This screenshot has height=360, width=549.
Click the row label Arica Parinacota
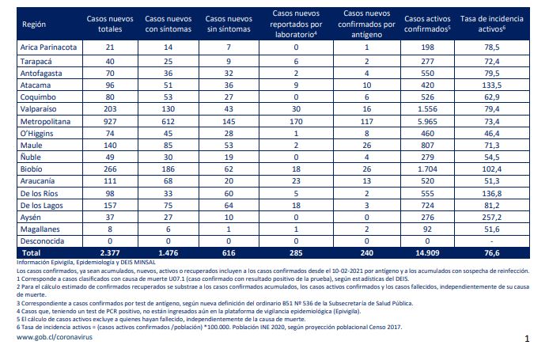48,47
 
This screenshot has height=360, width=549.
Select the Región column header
34,25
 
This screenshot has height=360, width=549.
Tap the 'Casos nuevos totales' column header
110,24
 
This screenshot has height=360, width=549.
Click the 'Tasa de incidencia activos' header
491,24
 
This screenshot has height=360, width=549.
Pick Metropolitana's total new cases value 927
110,122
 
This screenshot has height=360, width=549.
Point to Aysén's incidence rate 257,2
491,218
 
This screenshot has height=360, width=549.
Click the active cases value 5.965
427,122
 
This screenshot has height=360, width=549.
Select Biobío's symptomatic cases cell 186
168,169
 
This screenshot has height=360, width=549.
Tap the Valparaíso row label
38,109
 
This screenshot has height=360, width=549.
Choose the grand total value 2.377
110,253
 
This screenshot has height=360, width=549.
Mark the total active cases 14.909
427,253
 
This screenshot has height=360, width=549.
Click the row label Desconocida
43,241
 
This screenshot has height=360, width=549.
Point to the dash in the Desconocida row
491,241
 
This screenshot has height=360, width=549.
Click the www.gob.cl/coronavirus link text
55,337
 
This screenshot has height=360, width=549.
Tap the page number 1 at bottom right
527,339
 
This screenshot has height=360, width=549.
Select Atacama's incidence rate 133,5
491,85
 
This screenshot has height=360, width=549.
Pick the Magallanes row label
40,229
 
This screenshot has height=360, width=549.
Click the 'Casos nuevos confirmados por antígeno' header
366,24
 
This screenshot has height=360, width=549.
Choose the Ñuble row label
31,157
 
